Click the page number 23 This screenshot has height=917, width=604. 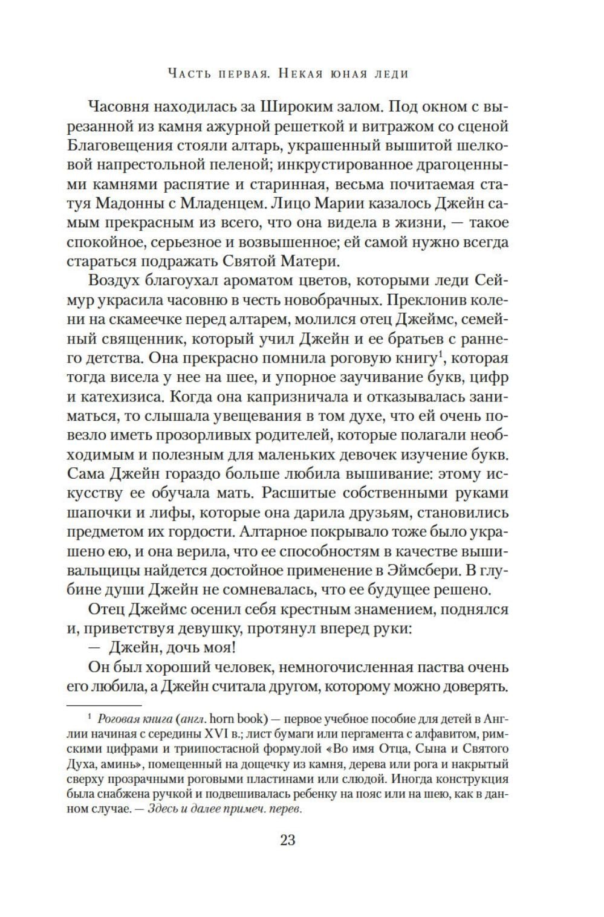pyautogui.click(x=287, y=840)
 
